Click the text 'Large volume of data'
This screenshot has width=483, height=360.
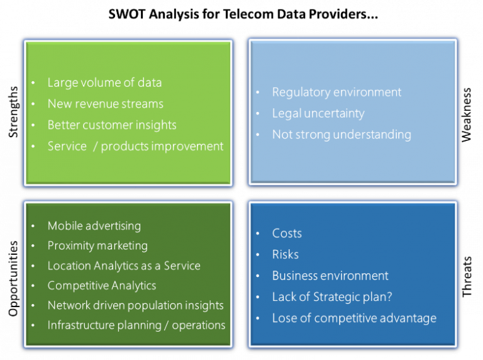coord(104,82)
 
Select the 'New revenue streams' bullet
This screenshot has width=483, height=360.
coord(105,104)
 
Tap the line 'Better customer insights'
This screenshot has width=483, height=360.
coord(112,125)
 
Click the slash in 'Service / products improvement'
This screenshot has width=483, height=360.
coord(94,147)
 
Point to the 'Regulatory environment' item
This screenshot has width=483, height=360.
coord(336,92)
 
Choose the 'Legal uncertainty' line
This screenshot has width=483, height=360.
coord(318,113)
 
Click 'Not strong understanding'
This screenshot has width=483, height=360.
coord(341,134)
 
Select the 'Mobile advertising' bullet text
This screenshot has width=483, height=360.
coord(94,225)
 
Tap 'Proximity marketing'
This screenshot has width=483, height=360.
coord(97,245)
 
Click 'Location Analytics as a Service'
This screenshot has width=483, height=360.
coord(124,266)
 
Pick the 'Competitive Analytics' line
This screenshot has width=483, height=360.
coord(101,285)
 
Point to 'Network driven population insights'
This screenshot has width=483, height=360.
coord(135,305)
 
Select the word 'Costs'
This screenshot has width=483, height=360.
coord(287,233)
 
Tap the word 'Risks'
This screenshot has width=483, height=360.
coord(285,254)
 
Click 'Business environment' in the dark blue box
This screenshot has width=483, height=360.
coord(330,276)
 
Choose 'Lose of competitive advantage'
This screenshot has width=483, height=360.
coord(354,318)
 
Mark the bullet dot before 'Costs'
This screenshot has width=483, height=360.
coord(258,234)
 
